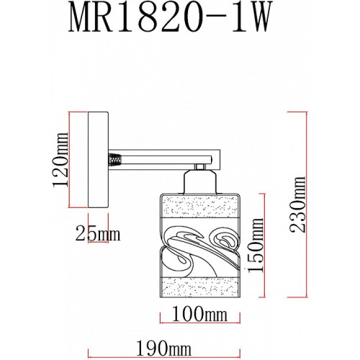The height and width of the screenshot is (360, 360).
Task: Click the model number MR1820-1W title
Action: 171,17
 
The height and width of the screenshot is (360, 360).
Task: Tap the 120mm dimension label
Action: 60,159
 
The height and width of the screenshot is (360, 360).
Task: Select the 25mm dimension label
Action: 98,234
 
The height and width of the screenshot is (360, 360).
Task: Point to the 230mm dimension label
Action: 297,204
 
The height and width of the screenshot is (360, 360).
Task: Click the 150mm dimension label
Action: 256,245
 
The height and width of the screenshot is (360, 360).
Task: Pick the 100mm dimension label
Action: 199,314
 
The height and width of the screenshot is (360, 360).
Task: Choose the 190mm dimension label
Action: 164,348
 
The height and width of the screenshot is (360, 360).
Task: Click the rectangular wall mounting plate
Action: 98,160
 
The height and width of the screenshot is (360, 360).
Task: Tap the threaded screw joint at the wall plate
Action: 114,160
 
